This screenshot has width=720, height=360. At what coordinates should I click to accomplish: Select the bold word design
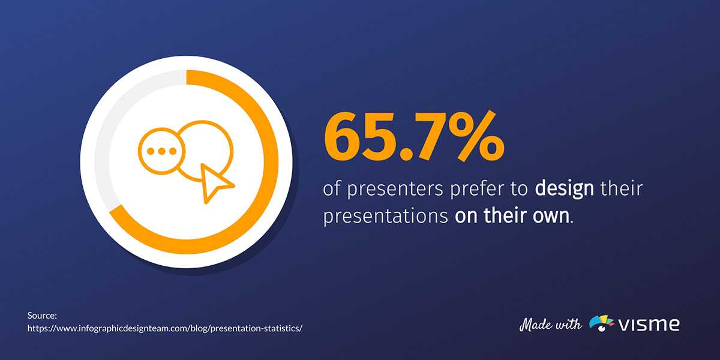564,190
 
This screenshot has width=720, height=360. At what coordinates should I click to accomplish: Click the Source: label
41,315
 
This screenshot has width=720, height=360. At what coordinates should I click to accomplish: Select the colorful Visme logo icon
602,323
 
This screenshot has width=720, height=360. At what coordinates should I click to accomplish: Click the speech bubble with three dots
159,151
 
